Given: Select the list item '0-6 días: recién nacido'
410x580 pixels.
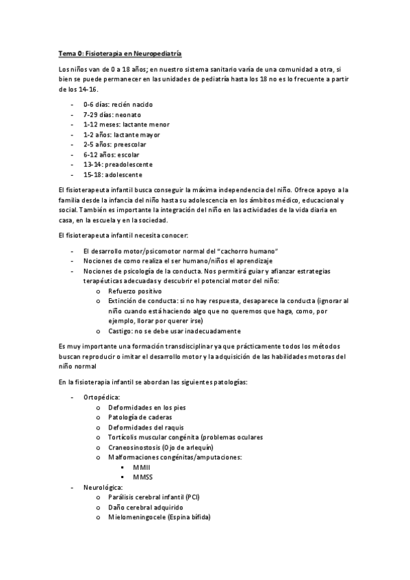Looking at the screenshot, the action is [118, 105].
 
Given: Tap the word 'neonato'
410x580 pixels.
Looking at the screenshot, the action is [130, 115].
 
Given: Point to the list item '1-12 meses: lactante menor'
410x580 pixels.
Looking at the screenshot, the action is [126, 124].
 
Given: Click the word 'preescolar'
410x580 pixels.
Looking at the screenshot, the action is [130, 144].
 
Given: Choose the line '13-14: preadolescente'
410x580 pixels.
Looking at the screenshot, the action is [118, 164].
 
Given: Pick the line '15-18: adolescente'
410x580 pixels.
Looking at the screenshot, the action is [113, 174].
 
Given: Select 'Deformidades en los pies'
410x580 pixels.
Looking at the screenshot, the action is [146, 407].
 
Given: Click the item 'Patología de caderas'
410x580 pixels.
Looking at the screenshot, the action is [140, 417].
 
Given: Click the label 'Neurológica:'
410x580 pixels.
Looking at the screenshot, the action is [103, 486].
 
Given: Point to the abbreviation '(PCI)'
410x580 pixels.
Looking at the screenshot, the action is [191, 497].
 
